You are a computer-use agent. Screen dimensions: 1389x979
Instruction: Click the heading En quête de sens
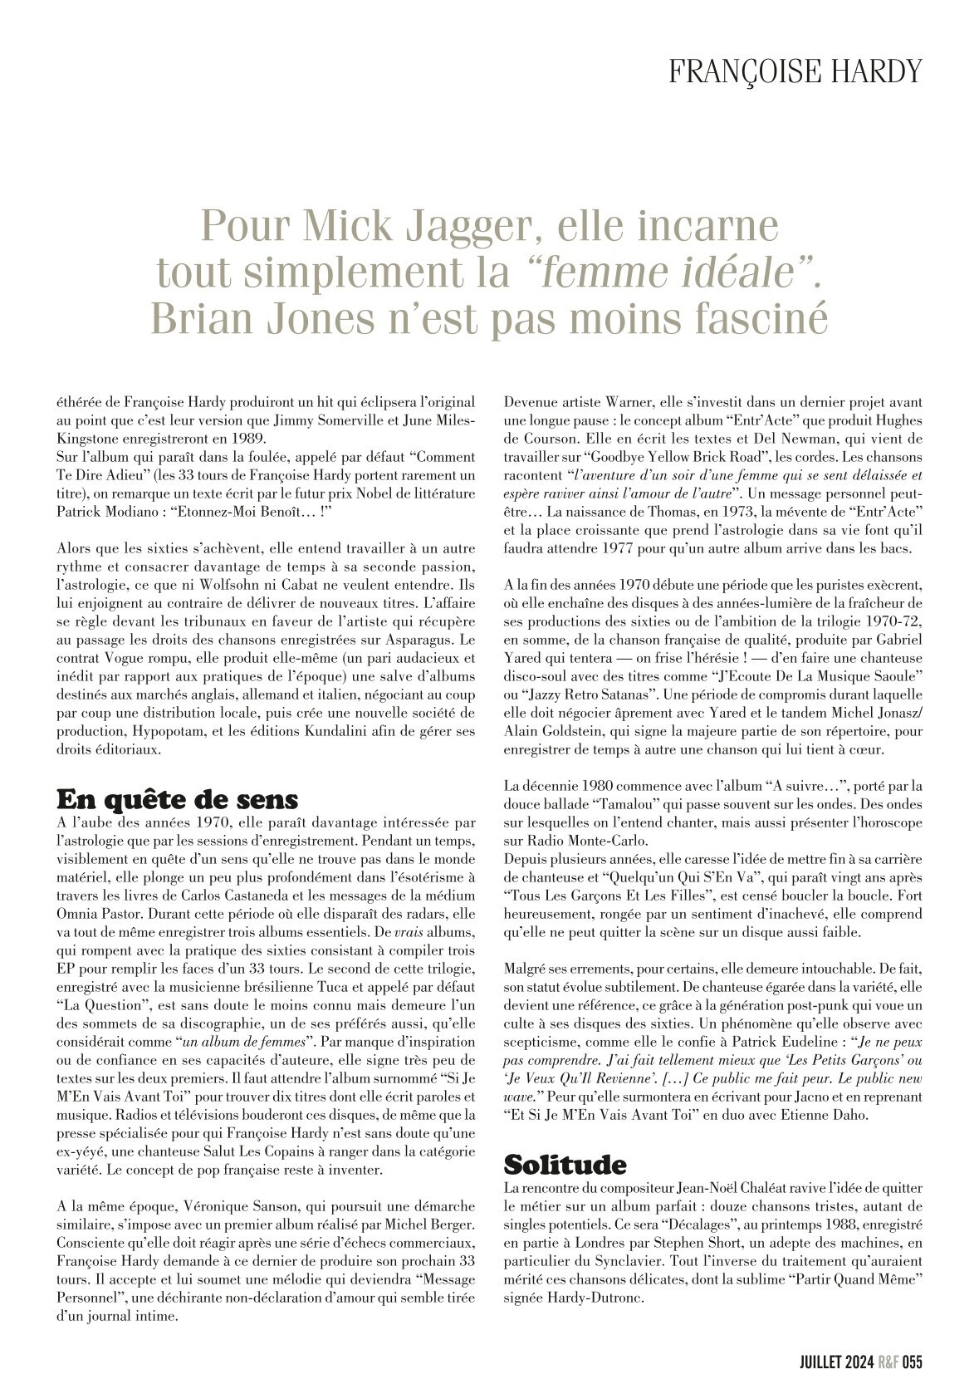(176, 800)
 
